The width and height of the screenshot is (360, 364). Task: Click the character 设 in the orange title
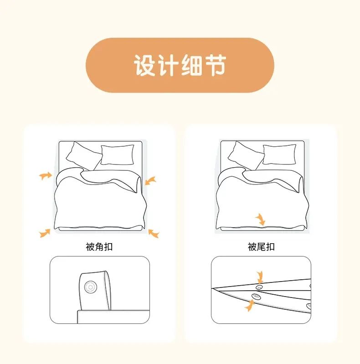(144, 65)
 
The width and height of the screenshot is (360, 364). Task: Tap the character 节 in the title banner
(215, 65)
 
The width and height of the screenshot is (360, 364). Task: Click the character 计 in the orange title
(168, 65)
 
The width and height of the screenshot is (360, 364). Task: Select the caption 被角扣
(99, 247)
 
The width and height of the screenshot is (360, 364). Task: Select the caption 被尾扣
(261, 247)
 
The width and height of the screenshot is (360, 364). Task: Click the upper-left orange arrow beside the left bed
(45, 175)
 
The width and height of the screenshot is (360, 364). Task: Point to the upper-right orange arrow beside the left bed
(150, 181)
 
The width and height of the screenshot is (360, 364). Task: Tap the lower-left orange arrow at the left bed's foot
(45, 233)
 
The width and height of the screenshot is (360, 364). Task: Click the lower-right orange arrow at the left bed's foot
(154, 233)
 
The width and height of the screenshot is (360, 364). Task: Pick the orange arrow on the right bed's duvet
(261, 220)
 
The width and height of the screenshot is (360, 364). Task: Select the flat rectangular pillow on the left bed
(118, 155)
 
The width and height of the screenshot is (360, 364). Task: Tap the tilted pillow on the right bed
(245, 155)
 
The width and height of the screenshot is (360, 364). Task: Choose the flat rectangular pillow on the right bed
(279, 154)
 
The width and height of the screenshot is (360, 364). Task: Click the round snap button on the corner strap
(90, 287)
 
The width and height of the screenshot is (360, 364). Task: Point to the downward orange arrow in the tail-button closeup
(260, 277)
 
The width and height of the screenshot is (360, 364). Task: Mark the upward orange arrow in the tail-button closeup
(249, 306)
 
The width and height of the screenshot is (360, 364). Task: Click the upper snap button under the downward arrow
(259, 287)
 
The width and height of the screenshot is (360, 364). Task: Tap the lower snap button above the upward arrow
(256, 296)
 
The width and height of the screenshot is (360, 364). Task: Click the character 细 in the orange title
(191, 65)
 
